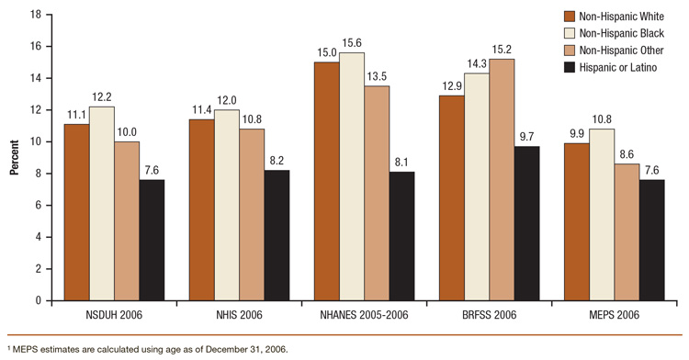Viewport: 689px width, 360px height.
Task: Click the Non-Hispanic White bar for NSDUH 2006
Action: (77, 212)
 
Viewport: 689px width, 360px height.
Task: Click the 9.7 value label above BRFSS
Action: (527, 139)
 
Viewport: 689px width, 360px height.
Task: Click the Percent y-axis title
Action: (14, 158)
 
